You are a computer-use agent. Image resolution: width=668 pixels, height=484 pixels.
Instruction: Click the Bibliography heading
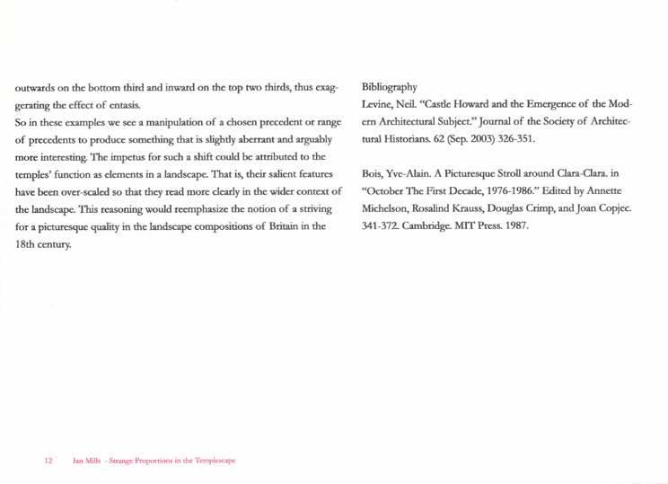(389, 87)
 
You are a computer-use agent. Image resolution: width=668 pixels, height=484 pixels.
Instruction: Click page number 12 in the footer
(49, 461)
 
